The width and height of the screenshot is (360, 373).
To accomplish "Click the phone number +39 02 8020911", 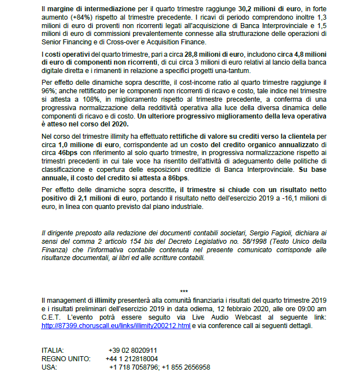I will coord(134,350).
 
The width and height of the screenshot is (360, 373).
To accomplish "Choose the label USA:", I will coord(49,367).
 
